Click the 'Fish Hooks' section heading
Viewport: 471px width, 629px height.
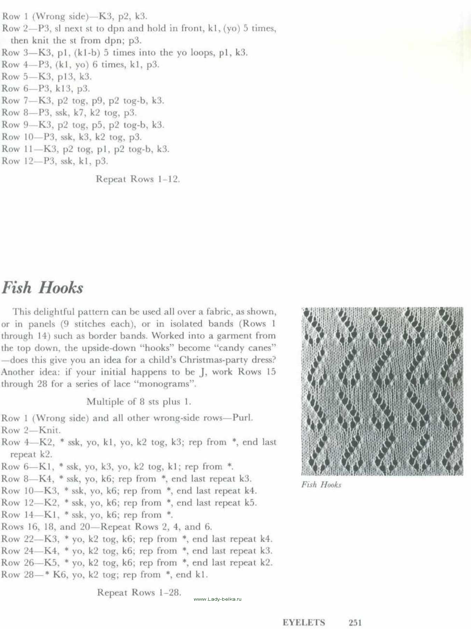tap(42, 288)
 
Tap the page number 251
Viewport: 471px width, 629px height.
tap(355, 622)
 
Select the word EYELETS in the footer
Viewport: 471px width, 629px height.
tap(304, 622)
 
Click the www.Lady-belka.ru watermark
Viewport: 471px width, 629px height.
tap(217, 599)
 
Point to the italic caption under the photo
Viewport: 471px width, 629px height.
tap(321, 485)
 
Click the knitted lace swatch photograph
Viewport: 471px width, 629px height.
tap(382, 391)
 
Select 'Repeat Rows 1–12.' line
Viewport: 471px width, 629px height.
tap(138, 179)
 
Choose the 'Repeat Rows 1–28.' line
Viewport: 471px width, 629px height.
tap(139, 592)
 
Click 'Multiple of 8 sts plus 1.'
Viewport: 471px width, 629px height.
tap(139, 402)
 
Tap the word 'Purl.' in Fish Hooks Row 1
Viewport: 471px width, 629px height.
tap(242, 418)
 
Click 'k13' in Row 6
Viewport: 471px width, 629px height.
tap(64, 89)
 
